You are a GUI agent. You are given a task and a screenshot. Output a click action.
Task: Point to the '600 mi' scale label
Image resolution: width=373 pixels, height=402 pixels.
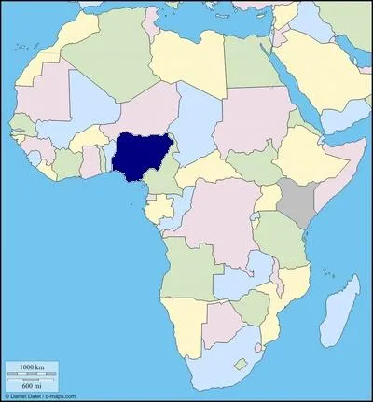point(33,384)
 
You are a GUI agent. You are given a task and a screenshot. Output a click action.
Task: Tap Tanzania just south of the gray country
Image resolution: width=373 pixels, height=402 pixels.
point(280,238)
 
